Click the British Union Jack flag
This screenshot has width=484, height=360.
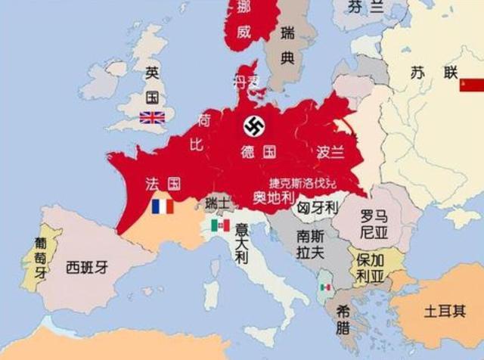(x=152, y=117)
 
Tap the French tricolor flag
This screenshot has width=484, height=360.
(x=162, y=206)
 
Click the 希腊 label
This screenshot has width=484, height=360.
(x=343, y=320)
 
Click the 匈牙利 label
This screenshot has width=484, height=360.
(x=318, y=206)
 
